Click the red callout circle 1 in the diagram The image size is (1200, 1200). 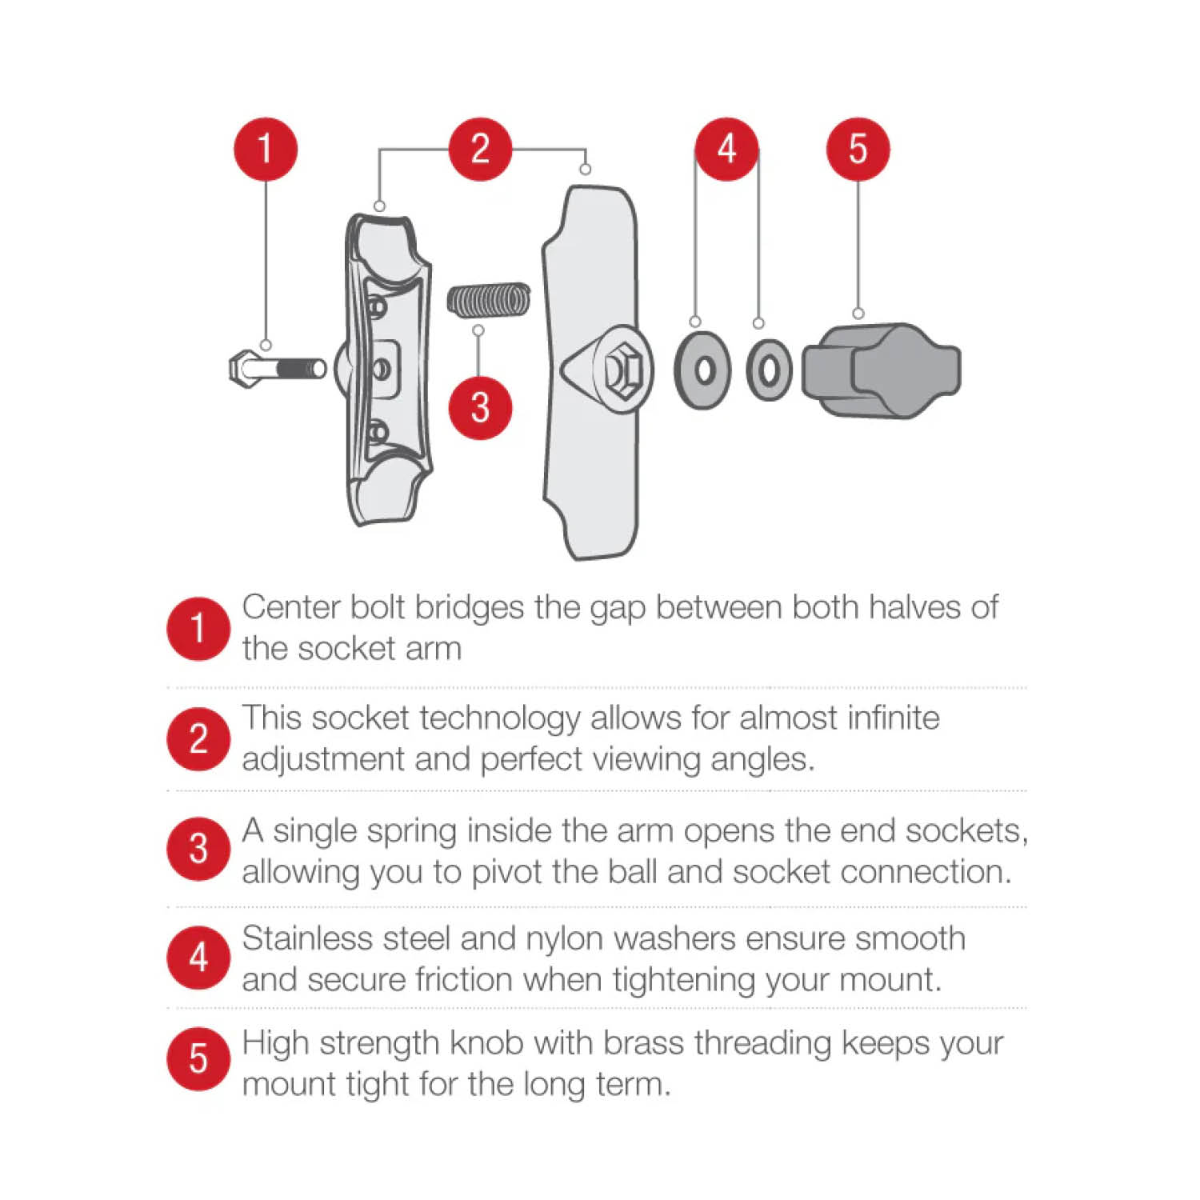(266, 150)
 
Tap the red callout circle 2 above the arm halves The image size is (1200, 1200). (480, 150)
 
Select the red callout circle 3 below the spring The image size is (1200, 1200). (480, 407)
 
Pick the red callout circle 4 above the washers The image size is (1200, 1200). (726, 150)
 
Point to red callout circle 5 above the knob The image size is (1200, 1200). (858, 150)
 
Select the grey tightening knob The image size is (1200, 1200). (882, 370)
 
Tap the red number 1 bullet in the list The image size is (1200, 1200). (198, 629)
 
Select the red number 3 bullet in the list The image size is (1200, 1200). (198, 849)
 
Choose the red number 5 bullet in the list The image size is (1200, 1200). (198, 1060)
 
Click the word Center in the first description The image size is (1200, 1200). (292, 607)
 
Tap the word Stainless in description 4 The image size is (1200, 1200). (307, 938)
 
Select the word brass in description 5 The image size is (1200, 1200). (645, 1043)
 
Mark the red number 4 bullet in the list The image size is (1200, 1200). (198, 958)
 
